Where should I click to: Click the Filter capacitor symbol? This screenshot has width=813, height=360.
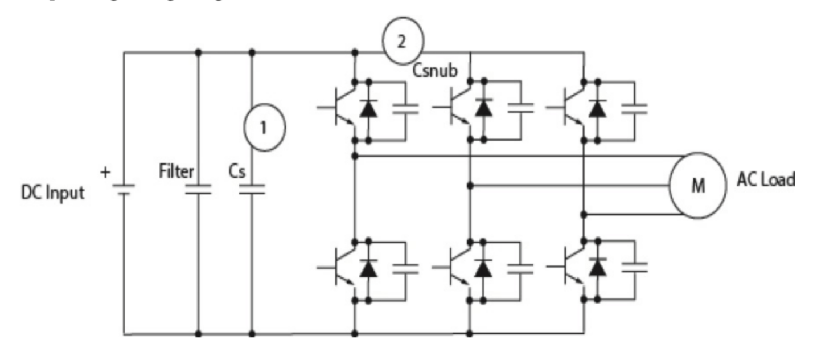click(x=198, y=190)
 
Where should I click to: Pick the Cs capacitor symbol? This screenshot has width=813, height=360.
click(x=252, y=190)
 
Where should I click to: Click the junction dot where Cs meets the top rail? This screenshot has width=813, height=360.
click(x=252, y=52)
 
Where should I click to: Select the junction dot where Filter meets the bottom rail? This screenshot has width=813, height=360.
click(x=198, y=334)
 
